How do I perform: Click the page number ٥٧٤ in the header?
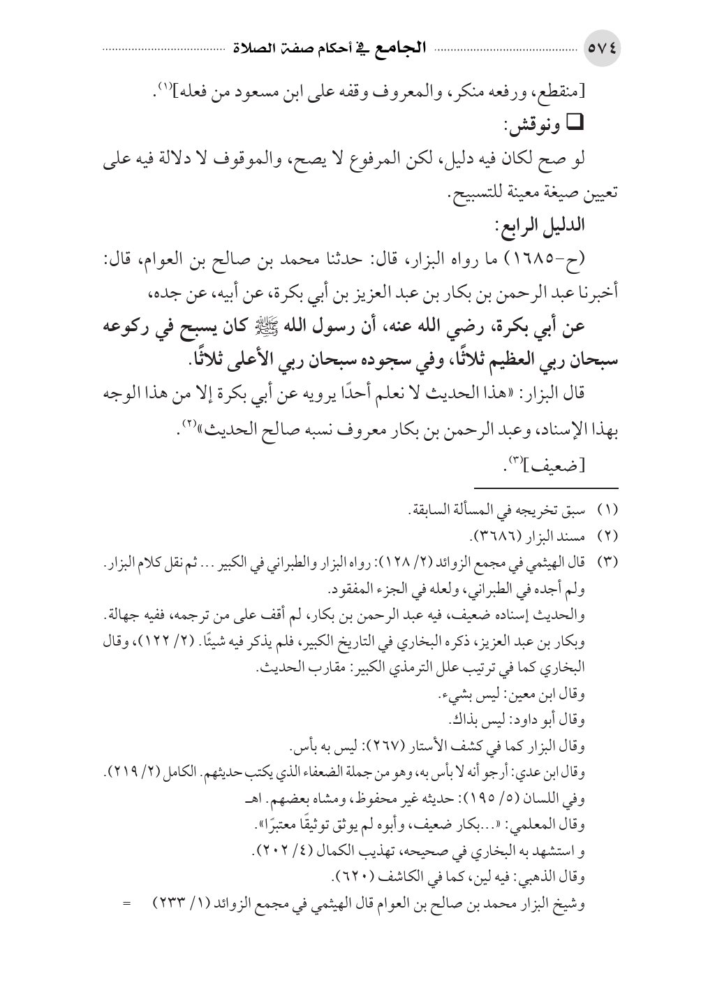click(x=603, y=50)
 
